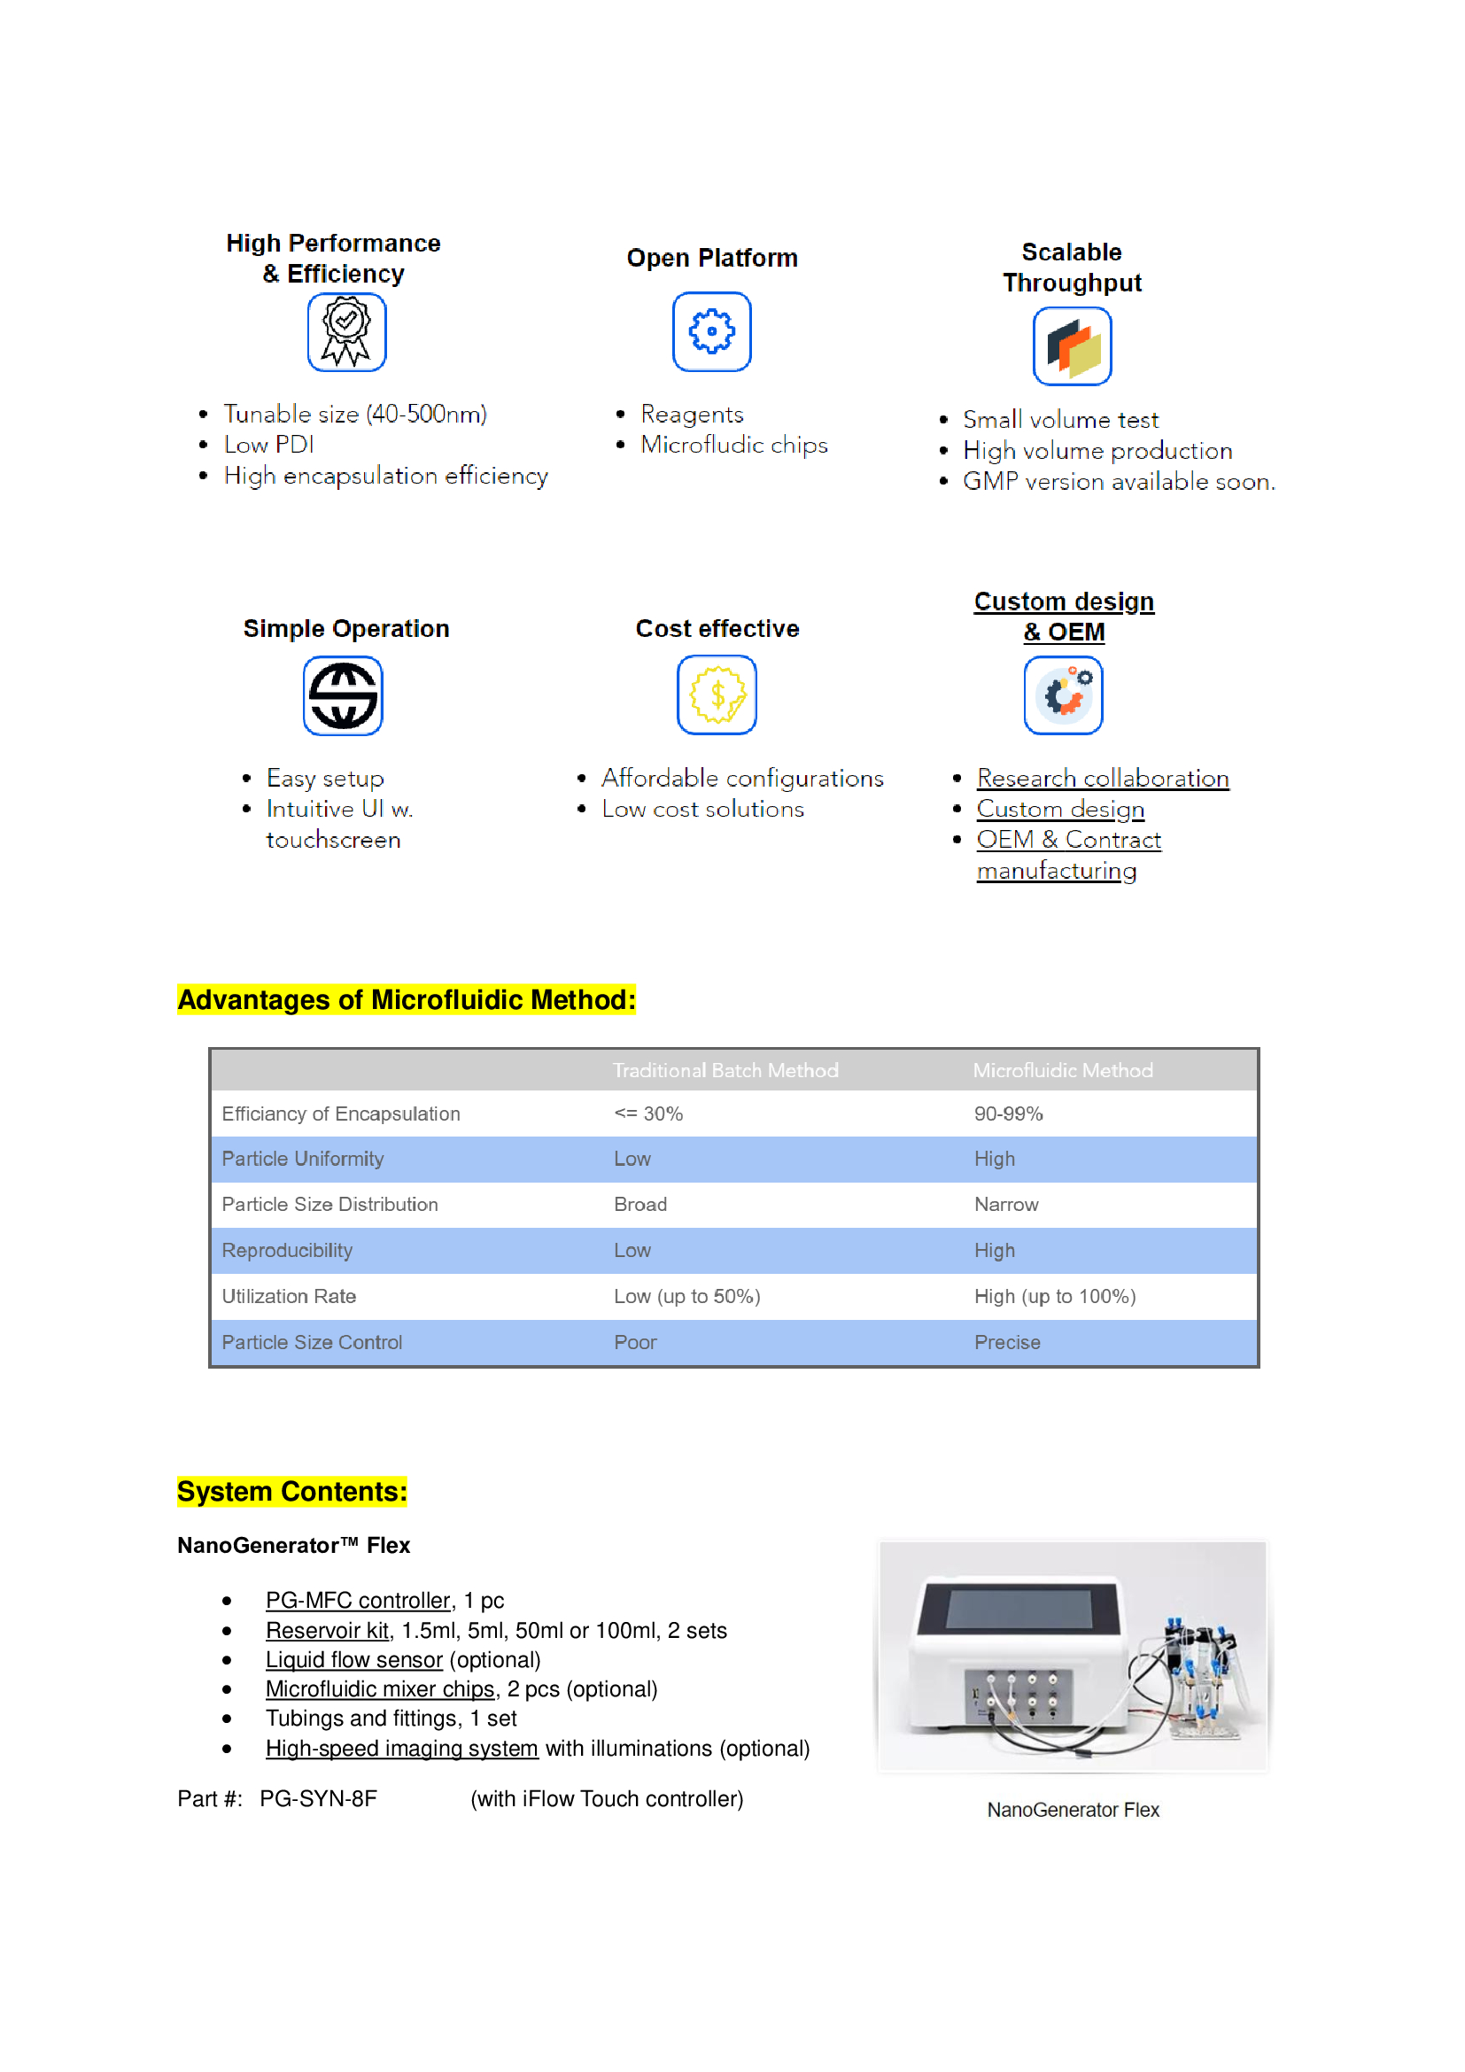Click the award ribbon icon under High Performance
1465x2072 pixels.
point(346,332)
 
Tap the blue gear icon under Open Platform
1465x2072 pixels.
point(712,331)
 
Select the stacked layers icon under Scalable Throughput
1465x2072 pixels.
point(1072,346)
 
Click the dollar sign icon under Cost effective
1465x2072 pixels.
point(717,695)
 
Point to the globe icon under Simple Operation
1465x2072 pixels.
point(343,695)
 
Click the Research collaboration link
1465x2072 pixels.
point(1103,778)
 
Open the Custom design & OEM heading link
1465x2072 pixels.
point(1064,617)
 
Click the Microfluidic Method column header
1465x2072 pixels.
point(1062,1070)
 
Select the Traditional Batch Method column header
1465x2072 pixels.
point(725,1070)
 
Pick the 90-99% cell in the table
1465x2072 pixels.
point(1008,1114)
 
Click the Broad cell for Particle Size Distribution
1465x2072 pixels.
point(639,1205)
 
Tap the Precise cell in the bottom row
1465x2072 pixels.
point(1007,1343)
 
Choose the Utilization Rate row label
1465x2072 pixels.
point(289,1297)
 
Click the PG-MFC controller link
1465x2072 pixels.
point(357,1600)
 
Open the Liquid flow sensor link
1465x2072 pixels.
point(353,1659)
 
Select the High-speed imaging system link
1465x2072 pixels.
point(401,1748)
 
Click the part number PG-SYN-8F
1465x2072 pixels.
point(319,1798)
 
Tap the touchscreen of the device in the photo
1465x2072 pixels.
point(1019,1609)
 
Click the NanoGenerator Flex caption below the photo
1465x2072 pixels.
point(1073,1810)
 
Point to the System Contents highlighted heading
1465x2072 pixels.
point(291,1492)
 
